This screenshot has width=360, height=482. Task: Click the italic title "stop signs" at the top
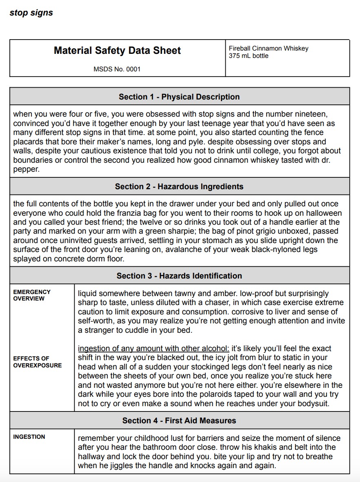31,13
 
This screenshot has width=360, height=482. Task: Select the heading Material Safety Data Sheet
117,51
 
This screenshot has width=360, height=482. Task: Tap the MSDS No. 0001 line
117,69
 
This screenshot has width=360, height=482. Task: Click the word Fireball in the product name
240,49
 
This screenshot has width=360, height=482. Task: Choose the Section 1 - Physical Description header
179,97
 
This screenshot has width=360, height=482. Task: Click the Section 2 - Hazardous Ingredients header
179,186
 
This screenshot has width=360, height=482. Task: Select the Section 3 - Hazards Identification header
179,276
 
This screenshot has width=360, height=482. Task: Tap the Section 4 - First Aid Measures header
179,420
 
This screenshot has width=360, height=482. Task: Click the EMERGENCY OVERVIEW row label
32,295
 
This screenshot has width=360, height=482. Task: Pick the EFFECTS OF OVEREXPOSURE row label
37,362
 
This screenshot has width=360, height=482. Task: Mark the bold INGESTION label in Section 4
29,437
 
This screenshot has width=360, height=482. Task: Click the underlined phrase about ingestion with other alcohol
153,349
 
